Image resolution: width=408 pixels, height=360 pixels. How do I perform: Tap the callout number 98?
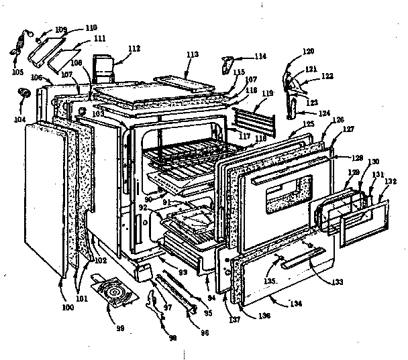pyautogui.click(x=173, y=339)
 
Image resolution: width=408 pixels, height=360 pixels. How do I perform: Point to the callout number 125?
pyautogui.click(x=290, y=124)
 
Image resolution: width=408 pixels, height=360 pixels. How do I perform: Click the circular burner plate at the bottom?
pyautogui.click(x=121, y=293)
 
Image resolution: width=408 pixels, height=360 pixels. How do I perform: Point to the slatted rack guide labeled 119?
pyautogui.click(x=256, y=122)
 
